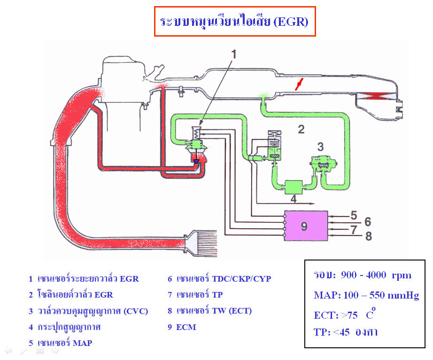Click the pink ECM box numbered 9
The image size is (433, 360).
point(305,226)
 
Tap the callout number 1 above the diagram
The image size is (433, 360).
point(233,54)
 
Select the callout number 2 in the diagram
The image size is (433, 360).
point(301,129)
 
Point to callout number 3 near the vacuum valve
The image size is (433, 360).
point(320,146)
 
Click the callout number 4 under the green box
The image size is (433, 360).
point(293,198)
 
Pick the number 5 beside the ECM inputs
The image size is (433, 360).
point(354,215)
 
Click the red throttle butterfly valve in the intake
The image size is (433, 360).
point(297,84)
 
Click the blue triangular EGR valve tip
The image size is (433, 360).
point(196,161)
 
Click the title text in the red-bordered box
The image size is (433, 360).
point(234,22)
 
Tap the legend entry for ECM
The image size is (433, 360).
point(182,327)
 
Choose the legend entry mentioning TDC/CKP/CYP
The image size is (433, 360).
point(219,278)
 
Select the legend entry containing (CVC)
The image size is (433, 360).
point(88,311)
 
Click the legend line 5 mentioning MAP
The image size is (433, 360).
point(60,343)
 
